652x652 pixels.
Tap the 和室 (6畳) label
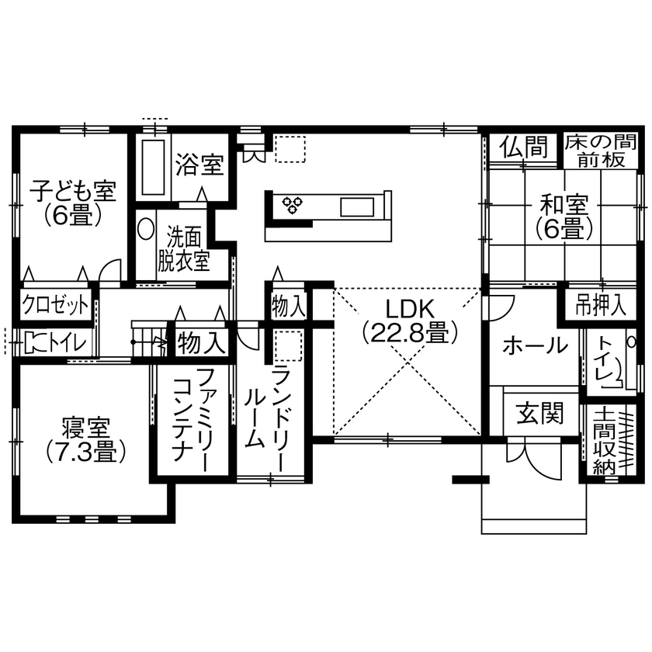[564, 217]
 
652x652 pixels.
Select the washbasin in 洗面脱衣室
[146, 230]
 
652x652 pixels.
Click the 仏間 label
[523, 146]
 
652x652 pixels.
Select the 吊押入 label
[600, 305]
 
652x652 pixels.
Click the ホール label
[534, 345]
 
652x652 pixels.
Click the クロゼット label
[55, 305]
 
